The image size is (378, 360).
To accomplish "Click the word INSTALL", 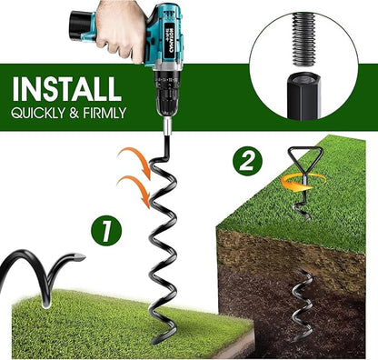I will click(65, 88).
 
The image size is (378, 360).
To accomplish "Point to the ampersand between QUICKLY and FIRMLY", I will click(72, 114).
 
